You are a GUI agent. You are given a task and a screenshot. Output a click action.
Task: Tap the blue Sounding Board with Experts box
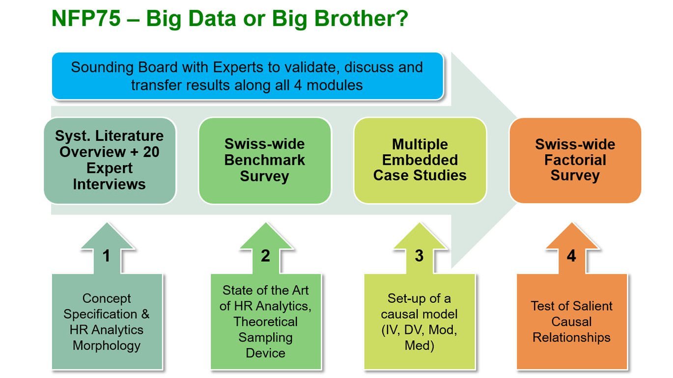coord(247,76)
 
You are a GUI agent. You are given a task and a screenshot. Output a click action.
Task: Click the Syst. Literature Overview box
coord(110,160)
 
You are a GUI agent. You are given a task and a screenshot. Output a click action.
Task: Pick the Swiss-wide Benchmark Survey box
coord(265,160)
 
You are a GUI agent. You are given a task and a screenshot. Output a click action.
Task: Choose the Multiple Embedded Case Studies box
coord(420,160)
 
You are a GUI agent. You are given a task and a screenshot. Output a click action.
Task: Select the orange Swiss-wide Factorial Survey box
coord(575,160)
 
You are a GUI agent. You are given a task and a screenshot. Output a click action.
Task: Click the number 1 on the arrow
coord(107,256)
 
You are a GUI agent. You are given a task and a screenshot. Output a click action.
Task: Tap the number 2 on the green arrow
coord(265,256)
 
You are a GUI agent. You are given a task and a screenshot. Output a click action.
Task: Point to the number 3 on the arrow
coord(419,256)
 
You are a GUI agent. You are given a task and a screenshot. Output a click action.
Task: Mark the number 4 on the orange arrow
coord(571,256)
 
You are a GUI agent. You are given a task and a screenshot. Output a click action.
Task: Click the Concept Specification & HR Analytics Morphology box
coord(107,322)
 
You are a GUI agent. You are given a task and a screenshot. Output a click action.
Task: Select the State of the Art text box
coord(265,322)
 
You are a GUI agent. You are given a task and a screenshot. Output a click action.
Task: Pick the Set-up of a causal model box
coord(419,322)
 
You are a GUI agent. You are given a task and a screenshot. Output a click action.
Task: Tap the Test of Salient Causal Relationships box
coord(571,322)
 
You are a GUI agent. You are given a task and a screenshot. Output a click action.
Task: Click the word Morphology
coord(107,346)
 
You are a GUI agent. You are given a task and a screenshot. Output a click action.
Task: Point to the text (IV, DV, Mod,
coord(419,330)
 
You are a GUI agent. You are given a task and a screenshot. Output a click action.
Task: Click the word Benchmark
coord(265,160)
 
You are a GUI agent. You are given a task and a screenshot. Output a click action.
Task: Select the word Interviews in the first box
coord(110,184)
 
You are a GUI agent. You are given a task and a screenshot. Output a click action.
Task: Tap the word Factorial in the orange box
coord(575,160)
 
